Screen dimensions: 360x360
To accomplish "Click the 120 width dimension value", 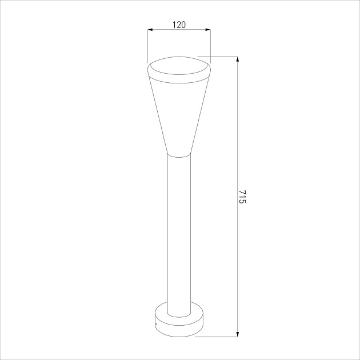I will pyautogui.click(x=179, y=25).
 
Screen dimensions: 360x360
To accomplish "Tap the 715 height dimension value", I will pyautogui.click(x=242, y=197).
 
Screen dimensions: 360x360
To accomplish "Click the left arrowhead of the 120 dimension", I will pyautogui.click(x=150, y=30).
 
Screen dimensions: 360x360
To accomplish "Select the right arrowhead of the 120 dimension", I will pyautogui.click(x=208, y=30).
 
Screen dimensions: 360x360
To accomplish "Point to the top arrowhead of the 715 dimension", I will pyautogui.click(x=237, y=59).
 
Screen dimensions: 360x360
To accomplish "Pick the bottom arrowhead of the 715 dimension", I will pyautogui.click(x=237, y=334).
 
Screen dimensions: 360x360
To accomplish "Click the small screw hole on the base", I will pyautogui.click(x=157, y=325).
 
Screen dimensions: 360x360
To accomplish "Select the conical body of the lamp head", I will pyautogui.click(x=179, y=114).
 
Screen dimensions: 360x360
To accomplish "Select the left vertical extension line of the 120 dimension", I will pyautogui.click(x=147, y=46).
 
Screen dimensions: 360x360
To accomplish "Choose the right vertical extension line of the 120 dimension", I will pyautogui.click(x=210, y=46).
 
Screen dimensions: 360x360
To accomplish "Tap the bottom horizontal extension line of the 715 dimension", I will pyautogui.click(x=217, y=337).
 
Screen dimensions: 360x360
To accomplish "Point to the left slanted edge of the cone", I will pyautogui.click(x=158, y=114).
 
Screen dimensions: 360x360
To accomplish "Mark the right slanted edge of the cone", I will pyautogui.click(x=201, y=114).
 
